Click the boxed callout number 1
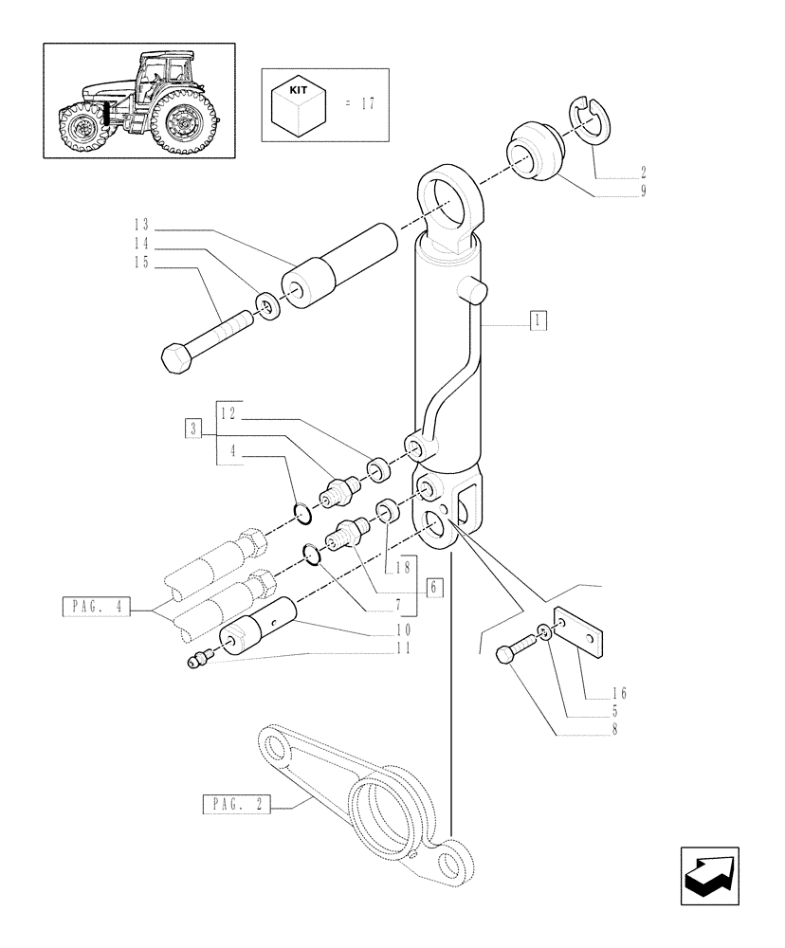537,319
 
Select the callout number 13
141,225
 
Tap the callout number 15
141,263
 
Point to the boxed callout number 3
192,428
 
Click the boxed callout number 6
434,587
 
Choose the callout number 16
619,693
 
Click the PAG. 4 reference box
95,607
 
